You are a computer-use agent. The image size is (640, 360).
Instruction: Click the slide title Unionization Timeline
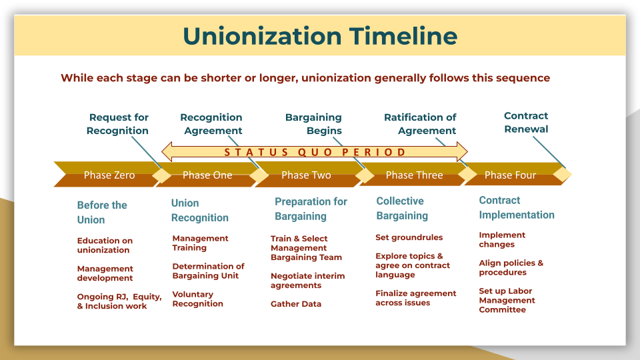point(320,35)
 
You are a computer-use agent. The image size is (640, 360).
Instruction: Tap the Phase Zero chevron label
point(109,175)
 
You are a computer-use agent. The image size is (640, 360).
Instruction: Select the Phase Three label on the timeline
point(414,175)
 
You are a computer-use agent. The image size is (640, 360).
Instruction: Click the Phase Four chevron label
point(510,175)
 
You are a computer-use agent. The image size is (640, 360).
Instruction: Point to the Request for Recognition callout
point(118,124)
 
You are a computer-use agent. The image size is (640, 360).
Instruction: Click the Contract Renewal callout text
point(526,123)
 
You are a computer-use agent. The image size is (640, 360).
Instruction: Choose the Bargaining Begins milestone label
point(313,124)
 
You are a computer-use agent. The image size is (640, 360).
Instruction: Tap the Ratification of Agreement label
point(420,124)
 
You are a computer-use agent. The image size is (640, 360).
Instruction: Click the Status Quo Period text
point(315,152)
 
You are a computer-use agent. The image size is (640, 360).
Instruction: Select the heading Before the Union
point(101,212)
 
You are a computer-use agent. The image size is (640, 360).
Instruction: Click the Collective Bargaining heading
point(401,208)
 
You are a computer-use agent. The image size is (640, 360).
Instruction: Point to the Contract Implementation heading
point(516,207)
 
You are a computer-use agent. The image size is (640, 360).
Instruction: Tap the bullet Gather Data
point(296,304)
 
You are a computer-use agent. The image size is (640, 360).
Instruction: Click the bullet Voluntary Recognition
point(197,299)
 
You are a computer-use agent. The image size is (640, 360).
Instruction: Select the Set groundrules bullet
point(409,237)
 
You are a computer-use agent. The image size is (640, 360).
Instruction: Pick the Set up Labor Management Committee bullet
point(507,300)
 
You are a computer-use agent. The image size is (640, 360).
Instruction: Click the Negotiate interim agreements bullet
point(307,281)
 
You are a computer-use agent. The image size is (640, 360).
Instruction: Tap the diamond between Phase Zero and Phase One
point(162,175)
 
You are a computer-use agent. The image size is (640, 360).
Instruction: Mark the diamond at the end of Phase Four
point(563,175)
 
